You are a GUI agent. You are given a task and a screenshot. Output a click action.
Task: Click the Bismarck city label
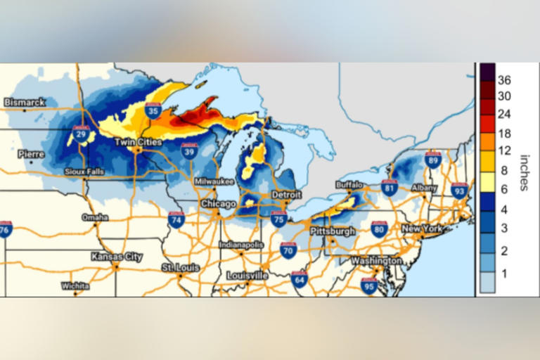pyautogui.click(x=25, y=102)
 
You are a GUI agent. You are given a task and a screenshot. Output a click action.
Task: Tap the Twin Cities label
pyautogui.click(x=139, y=142)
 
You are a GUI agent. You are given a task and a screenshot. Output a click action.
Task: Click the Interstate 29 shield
pyautogui.click(x=81, y=133)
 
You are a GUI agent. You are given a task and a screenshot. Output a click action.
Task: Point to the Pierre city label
pyautogui.click(x=31, y=154)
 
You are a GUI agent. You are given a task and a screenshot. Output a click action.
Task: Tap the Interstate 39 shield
pyautogui.click(x=188, y=150)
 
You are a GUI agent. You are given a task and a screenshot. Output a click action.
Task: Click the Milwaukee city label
pyautogui.click(x=214, y=181)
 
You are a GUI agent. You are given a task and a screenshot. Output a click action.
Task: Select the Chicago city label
pyautogui.click(x=219, y=203)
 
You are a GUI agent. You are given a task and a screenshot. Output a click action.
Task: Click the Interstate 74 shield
pyautogui.click(x=176, y=219)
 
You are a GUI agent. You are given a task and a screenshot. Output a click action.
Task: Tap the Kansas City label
pyautogui.click(x=117, y=257)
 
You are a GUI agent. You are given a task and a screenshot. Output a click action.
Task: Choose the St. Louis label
pyautogui.click(x=180, y=268)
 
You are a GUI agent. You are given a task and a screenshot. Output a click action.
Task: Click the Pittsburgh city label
pyautogui.click(x=332, y=231)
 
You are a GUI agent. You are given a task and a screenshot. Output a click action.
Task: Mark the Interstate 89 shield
pyautogui.click(x=433, y=160)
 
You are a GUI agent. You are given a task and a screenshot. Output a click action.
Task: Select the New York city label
pyautogui.click(x=422, y=229)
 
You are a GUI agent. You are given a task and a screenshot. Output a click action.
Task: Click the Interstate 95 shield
pyautogui.click(x=369, y=285)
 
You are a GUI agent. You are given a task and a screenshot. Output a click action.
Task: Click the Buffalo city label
pyautogui.click(x=349, y=185)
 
